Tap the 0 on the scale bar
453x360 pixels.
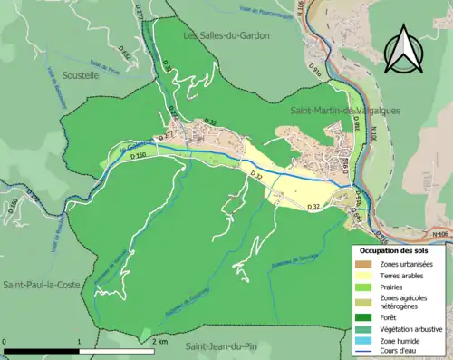click(x=5, y=342)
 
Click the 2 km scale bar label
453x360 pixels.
click(x=159, y=342)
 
